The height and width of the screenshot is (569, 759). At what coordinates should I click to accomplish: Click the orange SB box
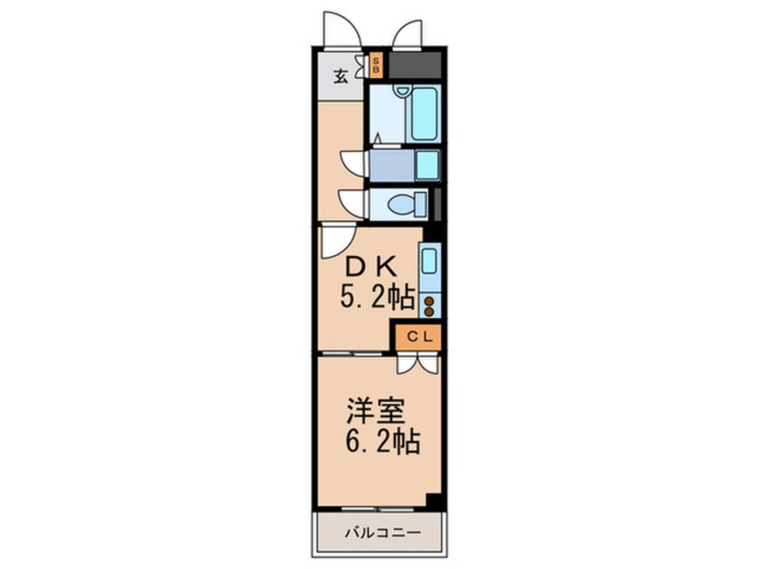tap(376, 66)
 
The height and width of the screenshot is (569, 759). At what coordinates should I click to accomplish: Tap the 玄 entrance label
tap(341, 77)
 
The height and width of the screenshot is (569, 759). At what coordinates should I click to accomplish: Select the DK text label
tap(371, 266)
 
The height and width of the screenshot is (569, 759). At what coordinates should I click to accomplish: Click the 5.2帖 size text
tap(378, 297)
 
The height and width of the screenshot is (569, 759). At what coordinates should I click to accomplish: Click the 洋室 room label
tap(376, 411)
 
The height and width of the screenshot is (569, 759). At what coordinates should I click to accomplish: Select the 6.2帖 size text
tap(382, 442)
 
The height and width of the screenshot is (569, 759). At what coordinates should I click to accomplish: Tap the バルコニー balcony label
tap(382, 533)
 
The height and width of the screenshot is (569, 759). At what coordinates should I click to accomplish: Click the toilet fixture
tap(407, 204)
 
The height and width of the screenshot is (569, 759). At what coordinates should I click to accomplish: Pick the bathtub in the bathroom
tap(423, 114)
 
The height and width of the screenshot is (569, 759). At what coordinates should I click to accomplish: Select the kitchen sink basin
tap(430, 261)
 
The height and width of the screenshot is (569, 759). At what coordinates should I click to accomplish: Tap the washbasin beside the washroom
tap(428, 165)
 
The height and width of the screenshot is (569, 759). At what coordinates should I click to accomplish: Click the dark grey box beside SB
tap(414, 65)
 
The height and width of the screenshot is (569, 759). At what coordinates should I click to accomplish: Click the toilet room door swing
tap(353, 198)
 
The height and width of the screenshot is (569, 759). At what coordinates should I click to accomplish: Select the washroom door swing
tap(354, 162)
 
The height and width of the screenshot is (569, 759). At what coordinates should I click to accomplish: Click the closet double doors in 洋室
tap(418, 363)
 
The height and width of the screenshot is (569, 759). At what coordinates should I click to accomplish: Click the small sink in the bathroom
tap(402, 90)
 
